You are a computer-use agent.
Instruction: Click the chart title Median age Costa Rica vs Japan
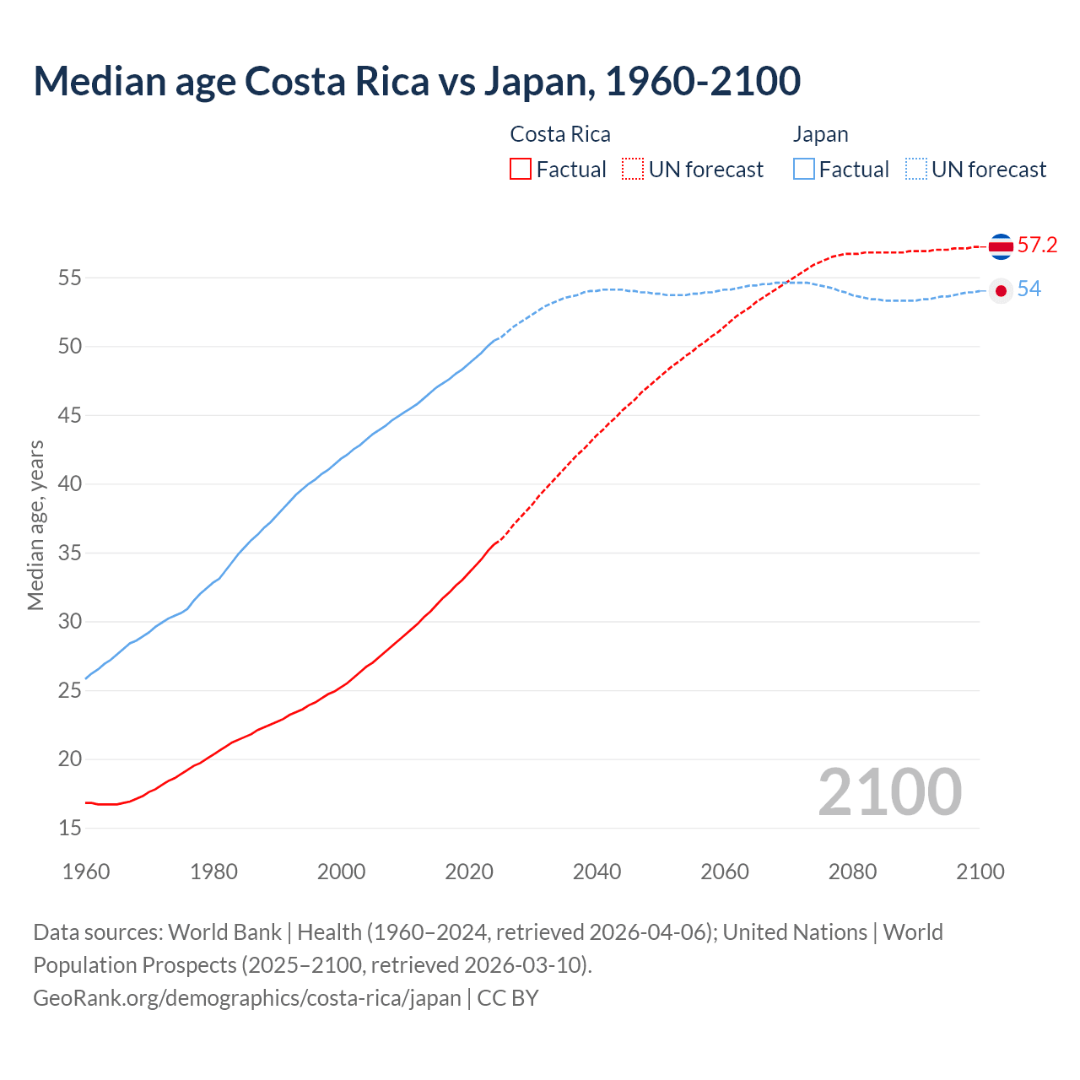click(417, 81)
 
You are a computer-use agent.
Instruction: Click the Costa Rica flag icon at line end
click(1001, 246)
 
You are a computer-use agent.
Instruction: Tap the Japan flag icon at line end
click(1001, 290)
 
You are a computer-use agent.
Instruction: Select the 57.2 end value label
click(1037, 246)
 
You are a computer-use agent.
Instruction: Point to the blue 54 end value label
click(1029, 289)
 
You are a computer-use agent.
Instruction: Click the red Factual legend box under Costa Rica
click(521, 170)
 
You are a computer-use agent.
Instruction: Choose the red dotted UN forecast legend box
click(633, 170)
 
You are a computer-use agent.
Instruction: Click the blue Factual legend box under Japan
click(804, 170)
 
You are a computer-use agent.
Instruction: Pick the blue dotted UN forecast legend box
click(916, 170)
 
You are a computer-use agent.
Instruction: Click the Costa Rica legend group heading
click(560, 134)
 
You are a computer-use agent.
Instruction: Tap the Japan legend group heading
click(820, 134)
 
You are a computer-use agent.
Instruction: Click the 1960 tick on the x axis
click(86, 872)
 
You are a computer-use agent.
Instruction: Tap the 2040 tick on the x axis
click(597, 872)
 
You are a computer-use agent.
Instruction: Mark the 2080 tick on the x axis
click(852, 872)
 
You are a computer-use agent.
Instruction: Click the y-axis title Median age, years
click(35, 525)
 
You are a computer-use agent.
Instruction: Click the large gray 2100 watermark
click(889, 792)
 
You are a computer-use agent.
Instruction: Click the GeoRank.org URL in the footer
click(247, 998)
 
